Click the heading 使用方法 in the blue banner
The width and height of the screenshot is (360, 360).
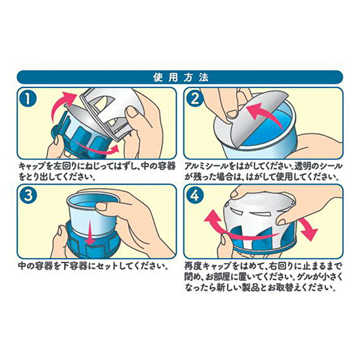180,77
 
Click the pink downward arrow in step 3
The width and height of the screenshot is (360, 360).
89,236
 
